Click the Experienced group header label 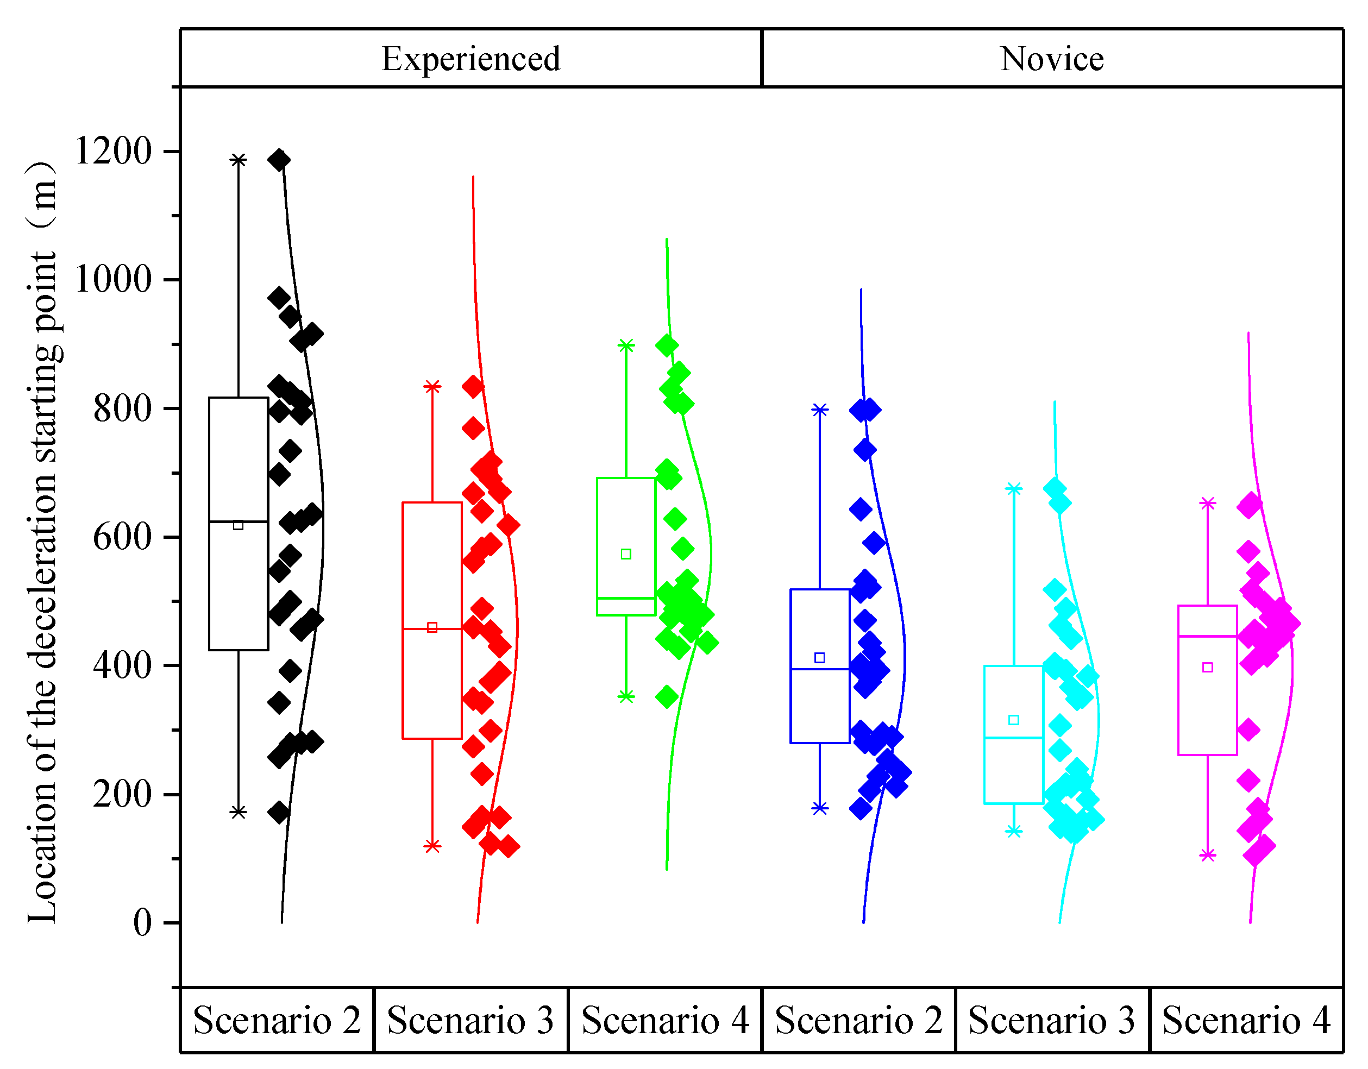[470, 59]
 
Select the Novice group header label [1052, 59]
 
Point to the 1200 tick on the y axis [114, 151]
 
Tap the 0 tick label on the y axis [143, 922]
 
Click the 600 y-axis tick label [123, 537]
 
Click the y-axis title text [42, 542]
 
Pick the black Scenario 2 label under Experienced [277, 1020]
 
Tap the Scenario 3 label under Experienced [470, 1020]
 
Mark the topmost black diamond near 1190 [279, 160]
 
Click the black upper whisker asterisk [238, 160]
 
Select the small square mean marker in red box [432, 627]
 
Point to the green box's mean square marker [626, 554]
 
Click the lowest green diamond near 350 [667, 696]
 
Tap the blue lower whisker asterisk [820, 808]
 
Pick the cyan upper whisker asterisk [1014, 488]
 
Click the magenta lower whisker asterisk [1208, 855]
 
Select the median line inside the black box [238, 521]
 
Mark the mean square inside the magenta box [1208, 668]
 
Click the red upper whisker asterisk [432, 386]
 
